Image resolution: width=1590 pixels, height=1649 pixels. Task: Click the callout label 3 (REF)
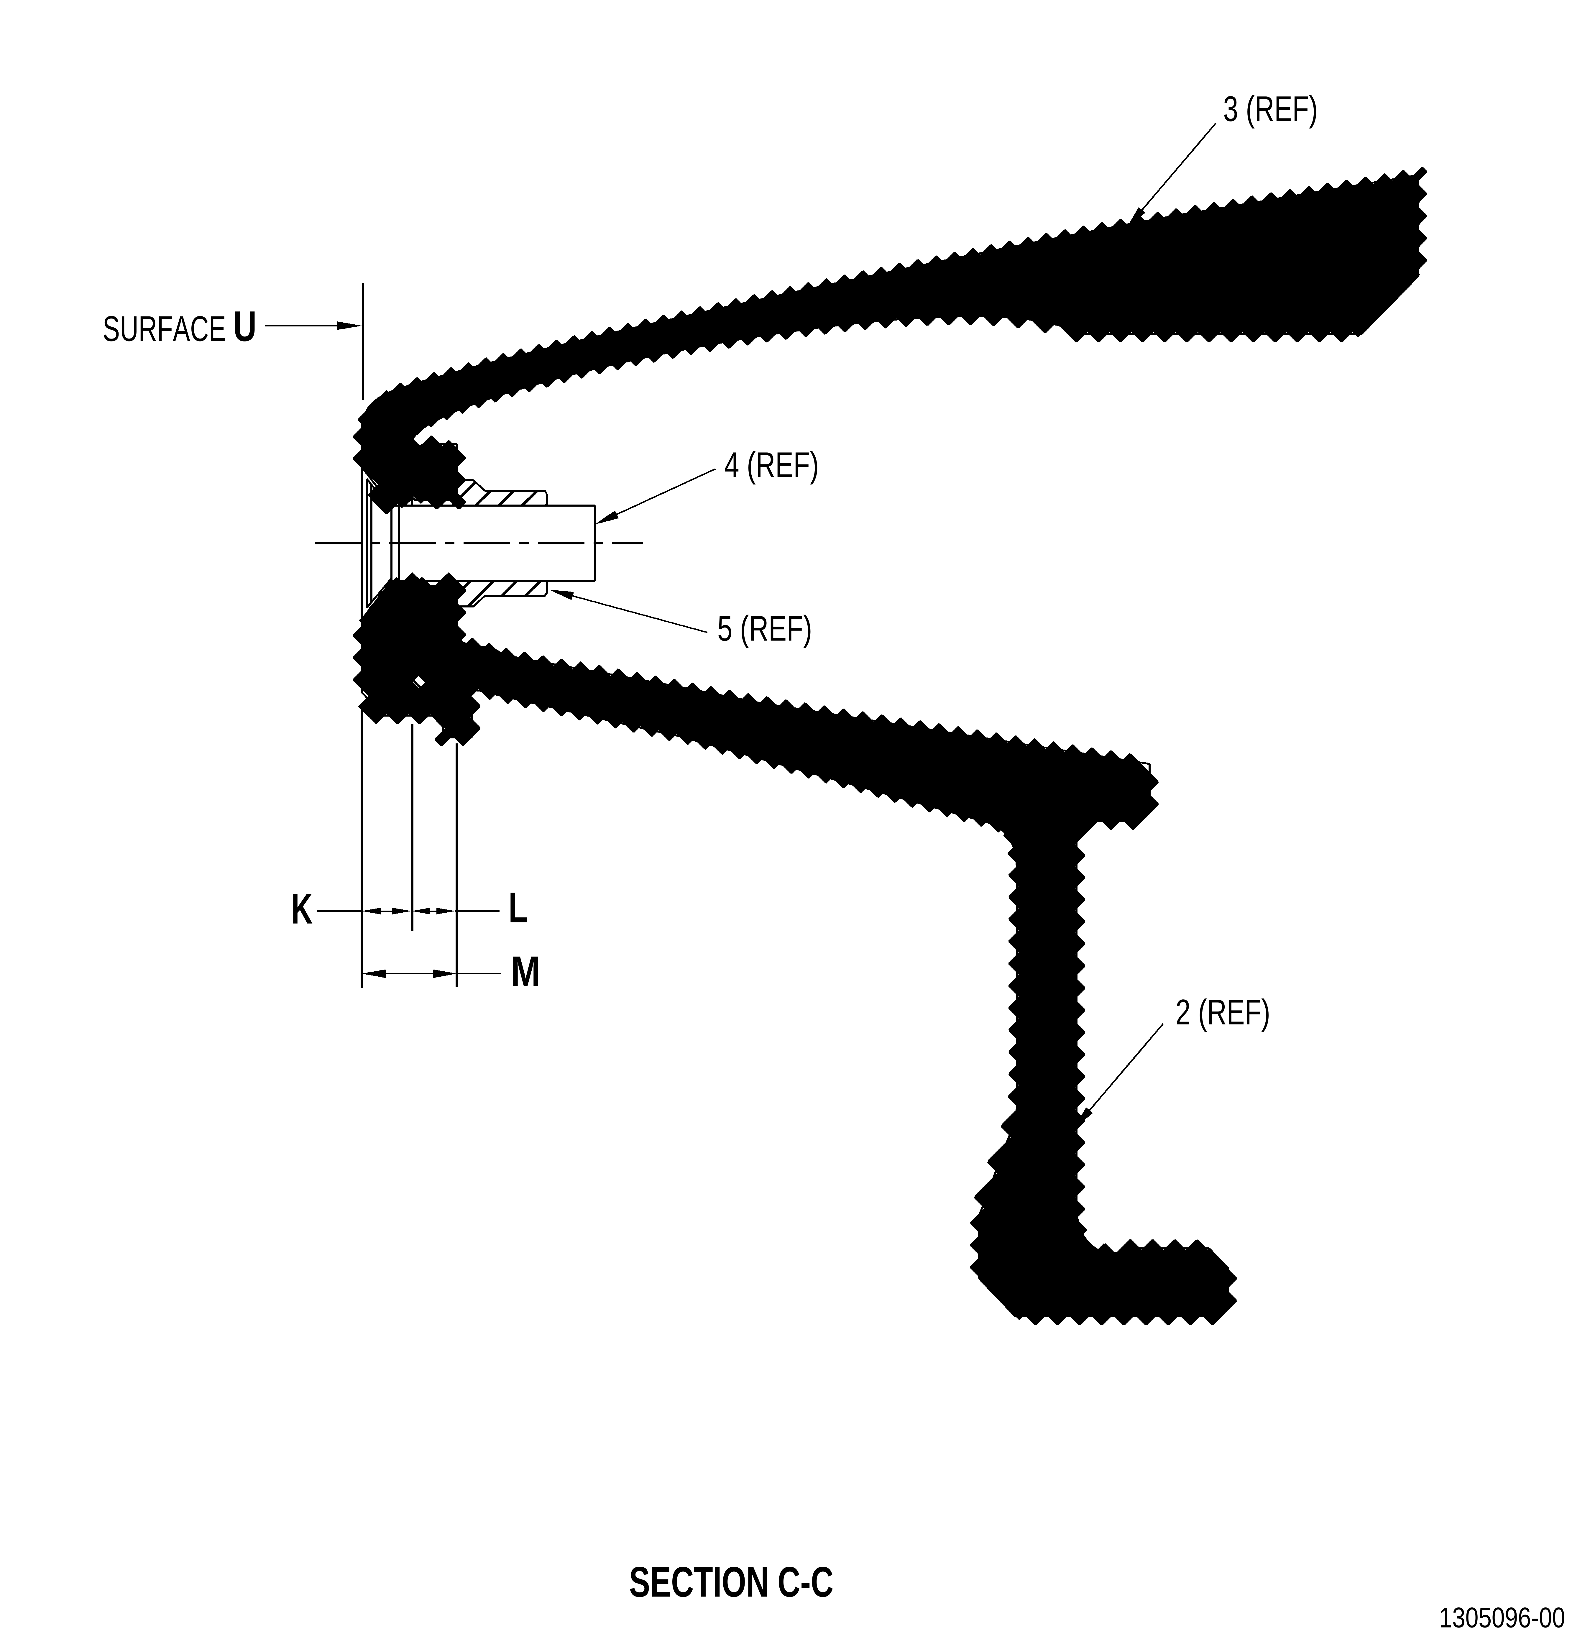(1269, 110)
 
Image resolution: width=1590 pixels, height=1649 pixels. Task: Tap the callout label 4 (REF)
(771, 466)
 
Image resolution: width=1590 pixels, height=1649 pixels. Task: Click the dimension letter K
(301, 910)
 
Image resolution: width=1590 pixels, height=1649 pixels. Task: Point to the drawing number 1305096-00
(1502, 1618)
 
